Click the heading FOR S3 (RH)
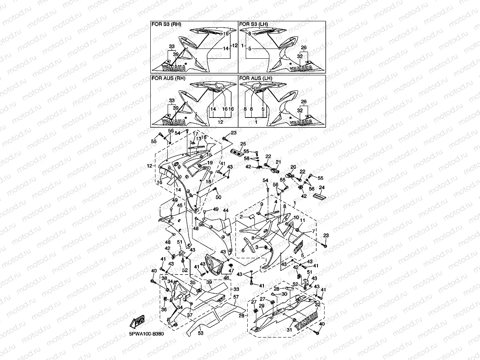pos(166,24)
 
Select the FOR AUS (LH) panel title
pos(256,78)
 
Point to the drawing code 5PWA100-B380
pos(146,334)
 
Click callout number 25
pos(243,144)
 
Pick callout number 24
pos(322,188)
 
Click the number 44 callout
pos(226,211)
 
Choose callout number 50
pos(219,197)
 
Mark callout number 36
pos(164,310)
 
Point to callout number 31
pos(289,330)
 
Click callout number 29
pos(261,306)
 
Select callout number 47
pos(231,271)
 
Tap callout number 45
pos(179,205)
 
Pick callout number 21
pos(278,162)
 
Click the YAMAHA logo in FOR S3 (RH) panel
pos(174,67)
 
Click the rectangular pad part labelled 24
pos(319,196)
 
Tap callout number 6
pos(243,250)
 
